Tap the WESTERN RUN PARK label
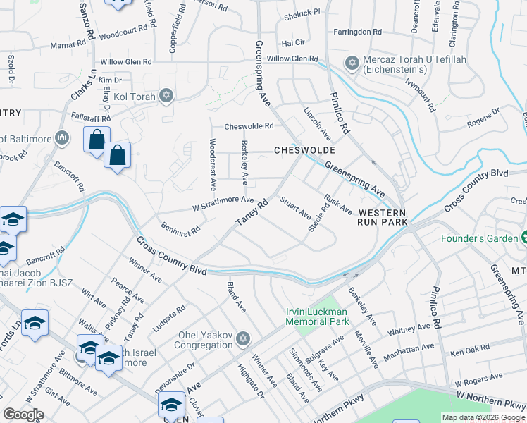pos(382,217)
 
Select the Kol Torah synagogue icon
pos(166,95)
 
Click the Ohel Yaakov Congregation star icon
pos(243,340)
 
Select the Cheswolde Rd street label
pos(248,127)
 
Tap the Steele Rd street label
pos(318,217)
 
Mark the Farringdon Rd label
pos(357,32)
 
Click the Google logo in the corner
pos(23,415)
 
